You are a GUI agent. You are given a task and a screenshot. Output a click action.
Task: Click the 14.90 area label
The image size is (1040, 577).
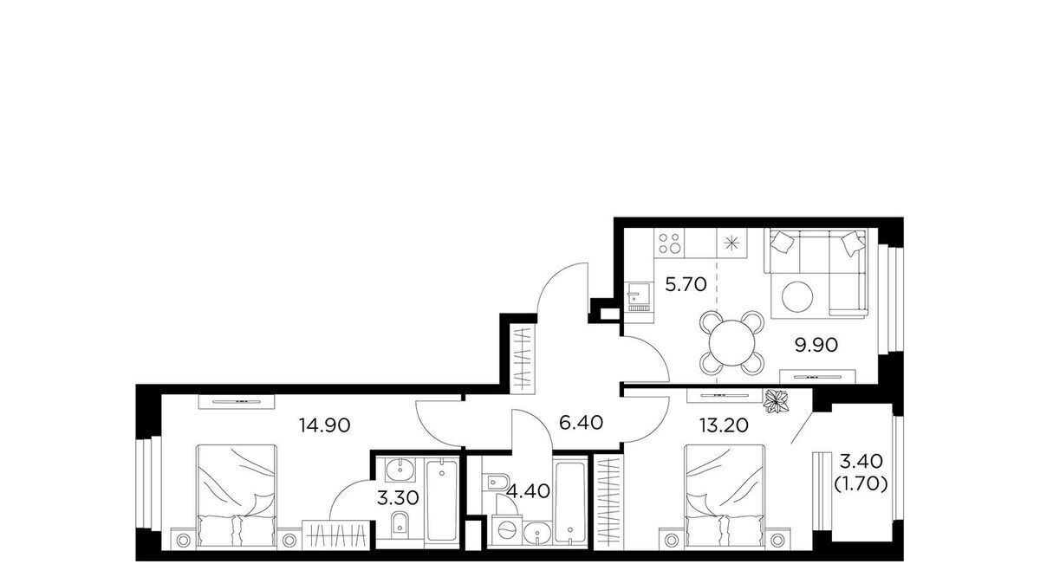(324, 425)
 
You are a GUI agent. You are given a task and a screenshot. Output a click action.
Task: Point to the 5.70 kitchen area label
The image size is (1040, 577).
(686, 284)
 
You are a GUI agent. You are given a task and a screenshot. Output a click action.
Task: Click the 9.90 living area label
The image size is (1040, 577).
(816, 345)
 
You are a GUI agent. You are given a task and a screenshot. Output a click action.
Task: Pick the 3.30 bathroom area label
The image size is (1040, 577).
(398, 498)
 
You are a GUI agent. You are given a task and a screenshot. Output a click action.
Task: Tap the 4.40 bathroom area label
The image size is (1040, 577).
(529, 490)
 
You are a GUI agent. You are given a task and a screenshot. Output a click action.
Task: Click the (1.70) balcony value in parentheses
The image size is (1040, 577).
(861, 484)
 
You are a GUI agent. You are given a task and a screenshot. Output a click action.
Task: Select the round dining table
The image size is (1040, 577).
(731, 343)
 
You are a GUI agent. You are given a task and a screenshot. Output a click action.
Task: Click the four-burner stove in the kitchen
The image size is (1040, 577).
(669, 243)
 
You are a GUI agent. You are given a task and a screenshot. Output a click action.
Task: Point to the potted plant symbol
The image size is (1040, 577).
(777, 400)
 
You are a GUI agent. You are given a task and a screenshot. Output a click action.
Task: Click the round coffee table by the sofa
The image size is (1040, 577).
(797, 297)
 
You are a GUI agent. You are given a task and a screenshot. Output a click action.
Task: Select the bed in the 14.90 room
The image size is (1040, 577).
(237, 495)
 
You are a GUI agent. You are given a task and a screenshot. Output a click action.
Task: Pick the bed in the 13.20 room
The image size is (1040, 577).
(725, 495)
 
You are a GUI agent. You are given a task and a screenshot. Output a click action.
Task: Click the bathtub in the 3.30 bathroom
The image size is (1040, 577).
(441, 500)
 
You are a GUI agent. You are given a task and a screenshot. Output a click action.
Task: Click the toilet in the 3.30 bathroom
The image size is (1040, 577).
(400, 524)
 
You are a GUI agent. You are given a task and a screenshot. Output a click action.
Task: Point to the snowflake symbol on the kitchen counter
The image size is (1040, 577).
(731, 243)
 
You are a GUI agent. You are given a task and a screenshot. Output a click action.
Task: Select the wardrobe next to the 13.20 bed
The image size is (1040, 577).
(608, 502)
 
